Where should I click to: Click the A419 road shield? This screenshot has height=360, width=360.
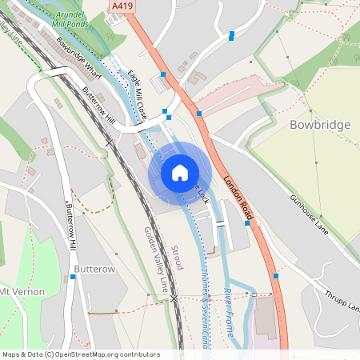[122, 6]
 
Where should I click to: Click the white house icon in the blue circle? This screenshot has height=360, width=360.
[180, 172]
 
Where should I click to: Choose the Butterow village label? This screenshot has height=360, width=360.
[95, 269]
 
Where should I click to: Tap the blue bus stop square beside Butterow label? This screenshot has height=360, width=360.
[73, 277]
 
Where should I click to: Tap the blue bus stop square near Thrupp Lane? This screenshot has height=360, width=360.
[276, 276]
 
